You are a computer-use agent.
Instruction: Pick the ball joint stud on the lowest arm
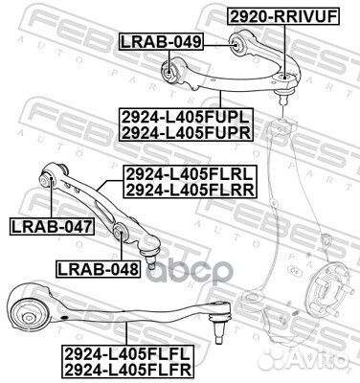(219, 329)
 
